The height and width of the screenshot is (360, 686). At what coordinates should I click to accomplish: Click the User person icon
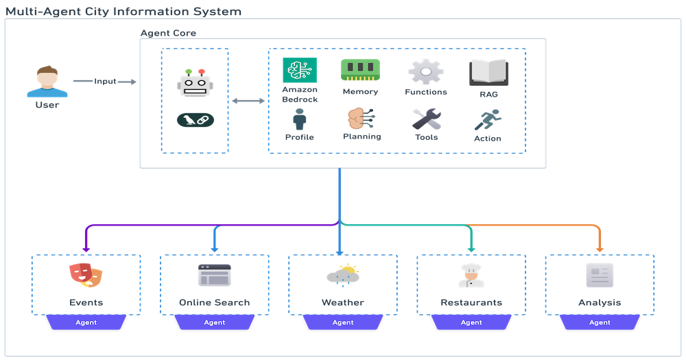pyautogui.click(x=47, y=82)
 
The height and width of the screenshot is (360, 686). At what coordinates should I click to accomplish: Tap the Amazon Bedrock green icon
pyautogui.click(x=300, y=71)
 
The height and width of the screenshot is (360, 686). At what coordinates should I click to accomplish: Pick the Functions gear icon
pyautogui.click(x=426, y=71)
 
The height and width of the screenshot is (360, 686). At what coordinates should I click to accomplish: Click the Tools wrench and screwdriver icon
pyautogui.click(x=426, y=119)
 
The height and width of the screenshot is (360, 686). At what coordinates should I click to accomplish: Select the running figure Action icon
pyautogui.click(x=488, y=121)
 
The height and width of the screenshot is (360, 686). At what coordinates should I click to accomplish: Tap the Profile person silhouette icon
pyautogui.click(x=299, y=120)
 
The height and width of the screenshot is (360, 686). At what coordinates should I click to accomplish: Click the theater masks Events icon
pyautogui.click(x=86, y=274)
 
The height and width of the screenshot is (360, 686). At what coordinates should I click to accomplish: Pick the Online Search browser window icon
pyautogui.click(x=214, y=275)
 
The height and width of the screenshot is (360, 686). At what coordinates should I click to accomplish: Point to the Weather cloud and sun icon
pyautogui.click(x=342, y=275)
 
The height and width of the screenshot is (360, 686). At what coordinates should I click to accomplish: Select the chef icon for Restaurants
pyautogui.click(x=471, y=274)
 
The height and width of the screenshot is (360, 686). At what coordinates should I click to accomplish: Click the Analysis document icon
pyautogui.click(x=600, y=275)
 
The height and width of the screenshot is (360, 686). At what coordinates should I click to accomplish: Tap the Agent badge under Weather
pyautogui.click(x=343, y=322)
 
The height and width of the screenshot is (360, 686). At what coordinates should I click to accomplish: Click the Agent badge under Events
pyautogui.click(x=86, y=322)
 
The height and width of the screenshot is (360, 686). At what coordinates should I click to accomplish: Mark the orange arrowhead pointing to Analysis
pyautogui.click(x=600, y=248)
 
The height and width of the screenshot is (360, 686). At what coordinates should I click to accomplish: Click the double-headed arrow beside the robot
pyautogui.click(x=248, y=101)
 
